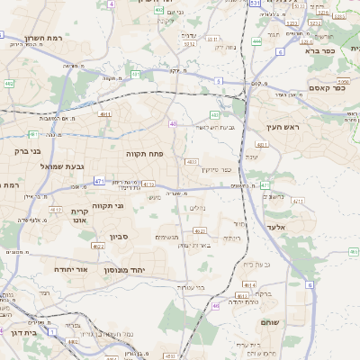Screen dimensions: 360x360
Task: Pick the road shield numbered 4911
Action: (x=105, y=115)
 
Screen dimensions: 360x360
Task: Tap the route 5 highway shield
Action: (x=217, y=81)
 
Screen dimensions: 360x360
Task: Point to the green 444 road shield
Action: (x=257, y=40)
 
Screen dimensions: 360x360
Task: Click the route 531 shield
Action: (x=255, y=4)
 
